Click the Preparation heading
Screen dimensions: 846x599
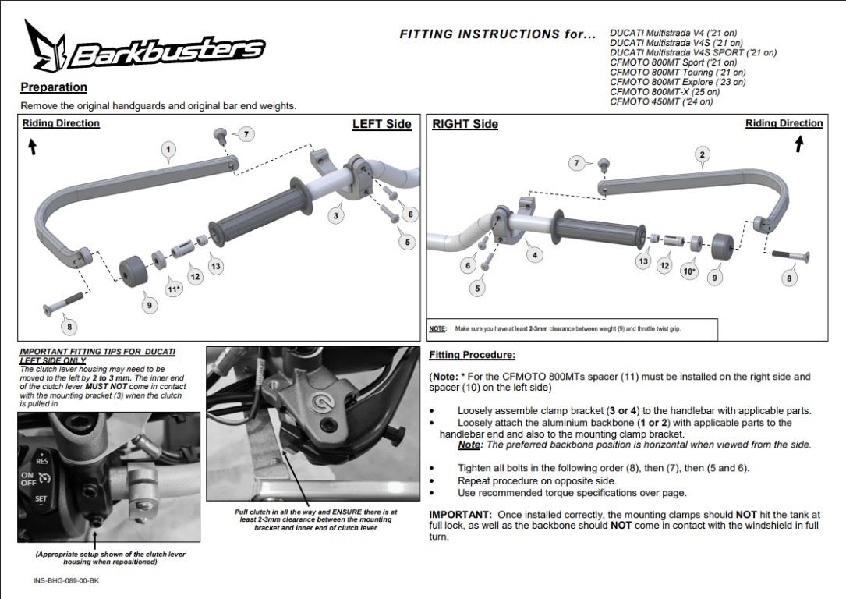tap(54, 87)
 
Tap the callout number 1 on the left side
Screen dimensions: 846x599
tap(168, 150)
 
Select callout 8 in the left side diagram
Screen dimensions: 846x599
tap(69, 327)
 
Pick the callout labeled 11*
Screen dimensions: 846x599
tap(173, 289)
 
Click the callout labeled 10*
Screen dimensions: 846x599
tap(689, 271)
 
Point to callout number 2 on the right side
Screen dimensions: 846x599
tap(702, 155)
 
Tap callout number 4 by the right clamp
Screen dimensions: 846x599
tap(535, 255)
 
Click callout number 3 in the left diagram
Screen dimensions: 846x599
tap(336, 216)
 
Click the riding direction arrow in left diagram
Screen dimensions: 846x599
tap(33, 147)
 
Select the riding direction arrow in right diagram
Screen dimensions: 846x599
tap(799, 144)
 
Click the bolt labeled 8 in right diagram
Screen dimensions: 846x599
tap(791, 255)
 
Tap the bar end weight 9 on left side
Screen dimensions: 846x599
tap(133, 271)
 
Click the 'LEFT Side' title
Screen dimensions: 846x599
tap(382, 124)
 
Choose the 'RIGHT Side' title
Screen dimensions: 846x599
tap(465, 124)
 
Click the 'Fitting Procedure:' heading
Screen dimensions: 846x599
tap(472, 355)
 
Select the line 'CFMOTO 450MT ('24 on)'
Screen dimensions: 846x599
tap(661, 101)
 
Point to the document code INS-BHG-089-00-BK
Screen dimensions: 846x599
tap(65, 580)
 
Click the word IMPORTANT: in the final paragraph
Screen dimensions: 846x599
tap(460, 515)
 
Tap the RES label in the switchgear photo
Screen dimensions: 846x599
tap(41, 461)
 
